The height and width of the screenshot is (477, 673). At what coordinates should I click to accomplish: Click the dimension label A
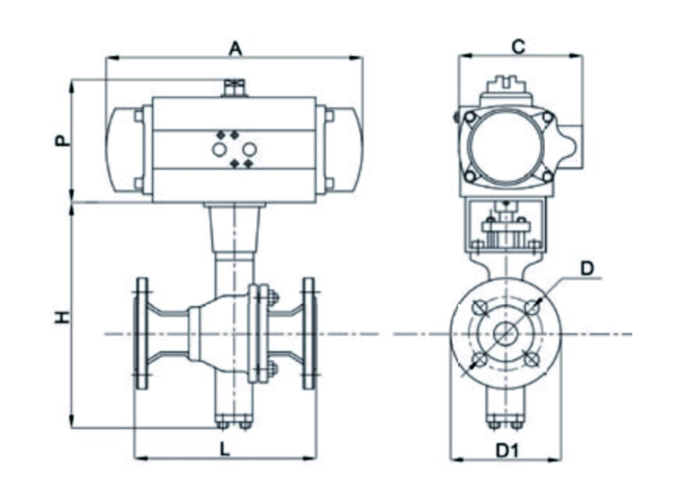pos(235,49)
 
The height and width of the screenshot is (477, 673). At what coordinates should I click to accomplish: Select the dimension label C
pos(519,47)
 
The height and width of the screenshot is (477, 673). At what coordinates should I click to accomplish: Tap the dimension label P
pos(62,140)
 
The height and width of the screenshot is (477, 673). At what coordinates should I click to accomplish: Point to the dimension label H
pos(62,317)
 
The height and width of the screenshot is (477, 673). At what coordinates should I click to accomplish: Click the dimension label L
pos(225,449)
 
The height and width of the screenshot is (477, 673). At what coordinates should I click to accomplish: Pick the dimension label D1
pos(507,451)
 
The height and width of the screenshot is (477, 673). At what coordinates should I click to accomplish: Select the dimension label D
pos(586,268)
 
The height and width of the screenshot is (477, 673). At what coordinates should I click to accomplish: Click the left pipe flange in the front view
pos(142,334)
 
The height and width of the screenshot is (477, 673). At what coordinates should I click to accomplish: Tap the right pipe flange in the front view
pos(309,334)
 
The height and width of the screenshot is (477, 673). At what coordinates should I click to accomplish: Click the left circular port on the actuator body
pos(220,149)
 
